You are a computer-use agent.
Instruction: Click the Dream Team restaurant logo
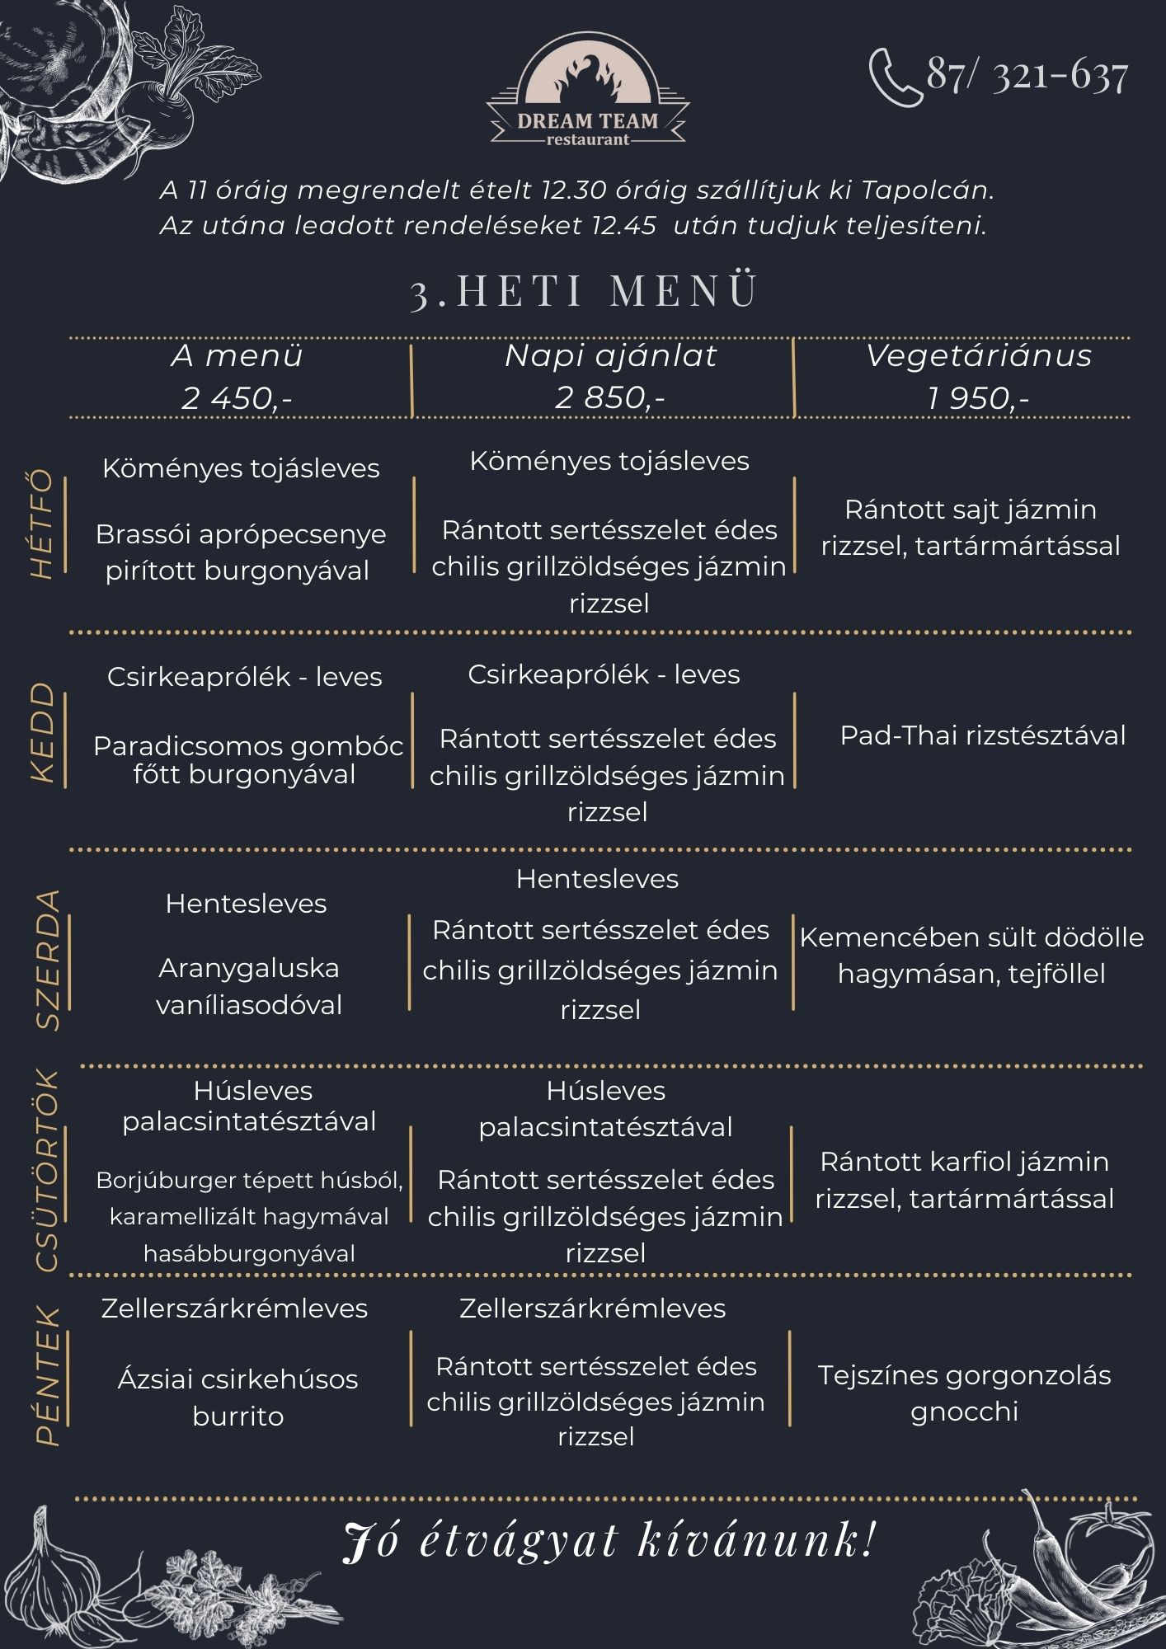point(587,98)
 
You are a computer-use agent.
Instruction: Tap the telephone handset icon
point(894,78)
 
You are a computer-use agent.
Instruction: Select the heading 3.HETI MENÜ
point(584,292)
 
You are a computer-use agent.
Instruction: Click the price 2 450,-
point(237,398)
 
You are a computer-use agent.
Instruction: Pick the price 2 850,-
point(610,397)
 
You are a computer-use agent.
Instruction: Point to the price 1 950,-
point(978,398)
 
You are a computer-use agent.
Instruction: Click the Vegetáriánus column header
point(979,356)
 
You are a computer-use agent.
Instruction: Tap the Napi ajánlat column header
point(610,356)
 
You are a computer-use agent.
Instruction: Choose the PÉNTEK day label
point(48,1375)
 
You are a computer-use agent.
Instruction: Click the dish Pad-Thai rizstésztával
point(982,735)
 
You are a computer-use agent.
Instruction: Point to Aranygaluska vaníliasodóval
point(249,986)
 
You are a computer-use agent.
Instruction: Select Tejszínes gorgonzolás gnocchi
point(964,1393)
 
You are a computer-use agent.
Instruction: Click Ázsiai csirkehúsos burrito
point(238,1397)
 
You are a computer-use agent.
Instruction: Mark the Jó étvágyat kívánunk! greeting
point(609,1540)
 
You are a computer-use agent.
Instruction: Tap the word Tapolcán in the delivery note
point(928,190)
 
